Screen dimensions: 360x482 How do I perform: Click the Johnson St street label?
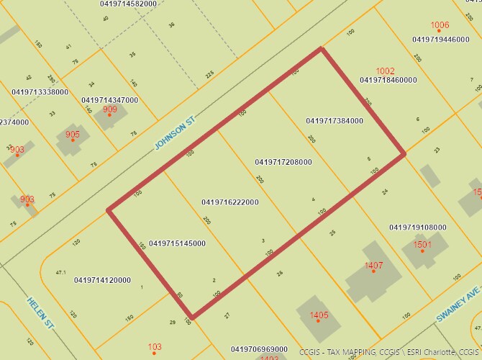176,135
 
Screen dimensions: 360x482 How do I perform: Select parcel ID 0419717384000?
335,120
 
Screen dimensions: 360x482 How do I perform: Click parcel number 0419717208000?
283,162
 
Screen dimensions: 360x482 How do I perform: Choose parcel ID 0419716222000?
230,202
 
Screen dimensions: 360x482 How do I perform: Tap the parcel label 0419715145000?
177,243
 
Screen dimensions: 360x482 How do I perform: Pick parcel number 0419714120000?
102,280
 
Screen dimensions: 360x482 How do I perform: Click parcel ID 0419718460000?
388,80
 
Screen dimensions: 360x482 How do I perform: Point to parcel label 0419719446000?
441,40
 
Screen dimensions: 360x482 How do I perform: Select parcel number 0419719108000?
418,228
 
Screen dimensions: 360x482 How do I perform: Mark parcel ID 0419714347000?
110,100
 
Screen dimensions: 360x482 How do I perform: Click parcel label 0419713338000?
40,92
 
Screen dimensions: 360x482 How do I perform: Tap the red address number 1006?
440,25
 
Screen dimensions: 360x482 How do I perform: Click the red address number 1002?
386,71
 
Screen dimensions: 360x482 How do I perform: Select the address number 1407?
374,266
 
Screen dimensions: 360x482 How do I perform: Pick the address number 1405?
319,315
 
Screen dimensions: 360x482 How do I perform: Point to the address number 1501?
423,245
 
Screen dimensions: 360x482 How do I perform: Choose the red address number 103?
155,347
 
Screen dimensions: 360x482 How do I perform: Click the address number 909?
110,109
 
